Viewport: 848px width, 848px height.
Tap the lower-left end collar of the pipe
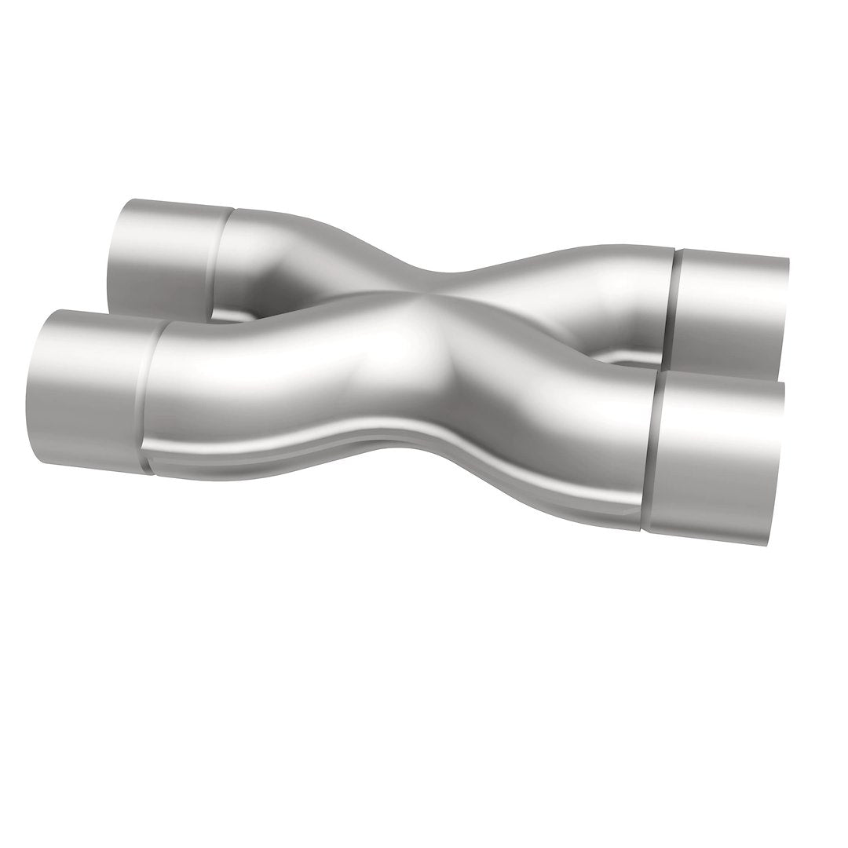(x=90, y=389)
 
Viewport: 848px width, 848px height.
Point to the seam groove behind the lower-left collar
(x=149, y=397)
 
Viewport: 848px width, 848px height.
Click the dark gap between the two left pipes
(x=228, y=316)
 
